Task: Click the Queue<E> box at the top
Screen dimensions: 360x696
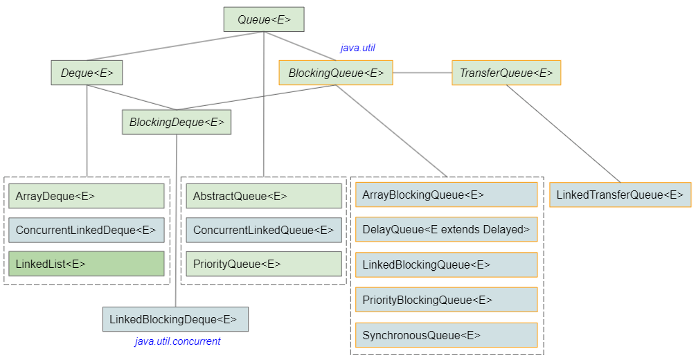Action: pos(263,19)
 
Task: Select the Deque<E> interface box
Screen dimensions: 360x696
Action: pos(87,73)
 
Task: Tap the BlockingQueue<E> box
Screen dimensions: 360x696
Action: pos(336,73)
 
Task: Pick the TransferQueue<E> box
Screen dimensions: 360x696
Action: pos(506,73)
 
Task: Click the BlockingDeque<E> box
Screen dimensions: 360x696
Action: pos(177,122)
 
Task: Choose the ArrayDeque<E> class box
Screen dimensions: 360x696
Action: pos(87,196)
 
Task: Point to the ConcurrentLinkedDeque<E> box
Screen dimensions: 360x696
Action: pos(87,230)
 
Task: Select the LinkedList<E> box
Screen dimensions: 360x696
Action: pos(87,264)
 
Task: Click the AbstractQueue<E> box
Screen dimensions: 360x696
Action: pos(264,196)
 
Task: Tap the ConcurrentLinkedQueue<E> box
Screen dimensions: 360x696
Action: pos(264,230)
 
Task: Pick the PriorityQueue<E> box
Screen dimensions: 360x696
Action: pos(264,264)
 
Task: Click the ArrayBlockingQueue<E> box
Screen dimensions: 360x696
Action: pos(446,195)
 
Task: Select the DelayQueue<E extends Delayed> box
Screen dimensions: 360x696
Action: pos(446,229)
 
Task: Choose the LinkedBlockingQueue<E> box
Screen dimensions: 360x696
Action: pos(446,264)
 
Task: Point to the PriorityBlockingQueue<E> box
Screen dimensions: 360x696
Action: pos(446,300)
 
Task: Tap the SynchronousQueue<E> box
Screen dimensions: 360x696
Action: pos(446,335)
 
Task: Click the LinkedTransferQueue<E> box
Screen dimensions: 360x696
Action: pos(621,195)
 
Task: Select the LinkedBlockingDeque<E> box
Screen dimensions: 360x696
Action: pos(175,319)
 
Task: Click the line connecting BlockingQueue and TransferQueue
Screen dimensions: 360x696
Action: pos(422,72)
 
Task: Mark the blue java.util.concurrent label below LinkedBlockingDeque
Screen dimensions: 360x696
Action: pos(178,341)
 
